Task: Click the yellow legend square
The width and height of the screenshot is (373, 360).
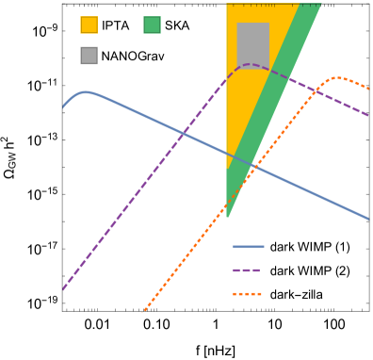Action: tap(89, 25)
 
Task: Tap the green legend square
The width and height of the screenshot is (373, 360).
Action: tap(152, 25)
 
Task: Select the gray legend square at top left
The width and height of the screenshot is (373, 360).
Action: tap(89, 56)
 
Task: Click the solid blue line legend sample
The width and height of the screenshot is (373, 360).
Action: tap(249, 246)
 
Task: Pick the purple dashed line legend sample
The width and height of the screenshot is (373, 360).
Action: tap(247, 270)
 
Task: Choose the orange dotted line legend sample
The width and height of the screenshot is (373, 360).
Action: tap(248, 294)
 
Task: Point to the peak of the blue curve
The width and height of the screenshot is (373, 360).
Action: tap(85, 91)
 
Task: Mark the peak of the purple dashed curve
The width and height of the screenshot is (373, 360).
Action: tap(250, 64)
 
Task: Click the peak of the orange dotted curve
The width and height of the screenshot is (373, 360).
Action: tap(337, 77)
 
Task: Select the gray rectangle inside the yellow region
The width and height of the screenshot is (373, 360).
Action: tap(252, 45)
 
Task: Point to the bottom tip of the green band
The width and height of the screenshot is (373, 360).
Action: tap(228, 217)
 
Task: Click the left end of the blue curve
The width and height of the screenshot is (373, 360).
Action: tap(63, 107)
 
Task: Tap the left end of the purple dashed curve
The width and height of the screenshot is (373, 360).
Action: tap(63, 289)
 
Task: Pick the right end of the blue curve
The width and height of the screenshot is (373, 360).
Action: tap(368, 219)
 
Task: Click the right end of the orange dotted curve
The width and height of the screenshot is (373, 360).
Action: tap(368, 89)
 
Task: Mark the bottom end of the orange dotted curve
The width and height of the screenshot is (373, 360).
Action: tap(143, 312)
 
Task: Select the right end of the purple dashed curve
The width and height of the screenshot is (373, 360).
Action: tap(368, 115)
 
